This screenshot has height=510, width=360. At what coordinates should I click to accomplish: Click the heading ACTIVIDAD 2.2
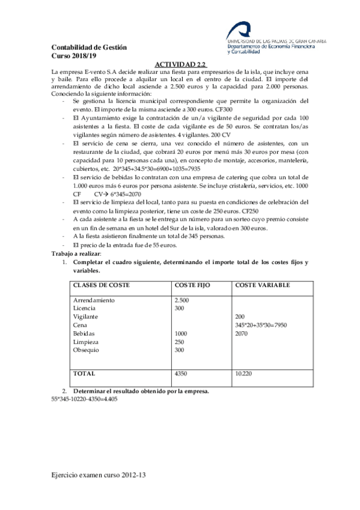coord(180,63)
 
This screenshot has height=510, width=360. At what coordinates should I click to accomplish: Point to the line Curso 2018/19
coord(73,56)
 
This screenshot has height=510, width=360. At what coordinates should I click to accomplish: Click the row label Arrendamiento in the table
coord(93,300)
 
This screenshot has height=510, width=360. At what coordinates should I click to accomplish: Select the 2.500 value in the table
coord(182,300)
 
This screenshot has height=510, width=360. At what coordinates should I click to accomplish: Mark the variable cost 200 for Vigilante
coord(240,316)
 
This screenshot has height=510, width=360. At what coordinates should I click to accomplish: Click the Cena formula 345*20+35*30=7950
coord(261,325)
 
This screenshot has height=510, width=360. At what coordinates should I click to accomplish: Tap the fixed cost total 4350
coord(180,373)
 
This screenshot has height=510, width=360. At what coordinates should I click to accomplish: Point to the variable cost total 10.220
coord(243,373)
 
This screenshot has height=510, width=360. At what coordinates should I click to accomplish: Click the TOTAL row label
coord(84,373)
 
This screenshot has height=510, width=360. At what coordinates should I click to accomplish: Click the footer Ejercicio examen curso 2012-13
coord(99,475)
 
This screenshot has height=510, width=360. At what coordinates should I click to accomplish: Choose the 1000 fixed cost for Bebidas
coord(180,333)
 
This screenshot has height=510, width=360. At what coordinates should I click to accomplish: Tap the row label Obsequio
coord(87,350)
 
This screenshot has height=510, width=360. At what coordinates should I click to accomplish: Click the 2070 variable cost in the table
coord(242,333)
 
